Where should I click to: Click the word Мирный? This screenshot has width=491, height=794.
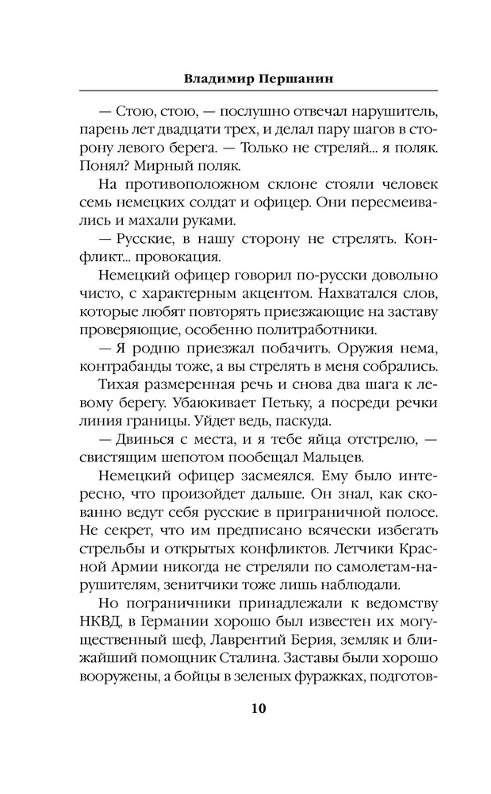pos(160,165)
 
